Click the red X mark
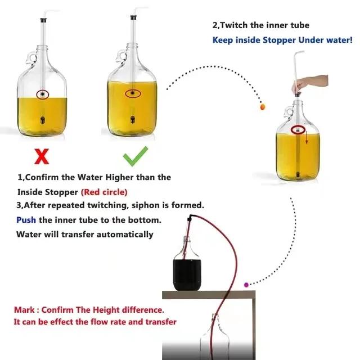pyautogui.click(x=42, y=155)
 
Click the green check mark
pyautogui.click(x=135, y=155)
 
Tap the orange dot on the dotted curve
pyautogui.click(x=262, y=105)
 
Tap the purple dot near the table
pyautogui.click(x=246, y=285)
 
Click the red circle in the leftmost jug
pyautogui.click(x=42, y=93)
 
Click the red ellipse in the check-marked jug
pyautogui.click(x=133, y=93)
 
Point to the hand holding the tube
pyautogui.click(x=301, y=83)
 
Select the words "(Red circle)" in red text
pyautogui.click(x=104, y=192)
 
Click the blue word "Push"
pyautogui.click(x=26, y=220)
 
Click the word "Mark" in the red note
pyautogui.click(x=25, y=310)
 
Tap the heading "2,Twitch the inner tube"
pyautogui.click(x=260, y=25)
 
